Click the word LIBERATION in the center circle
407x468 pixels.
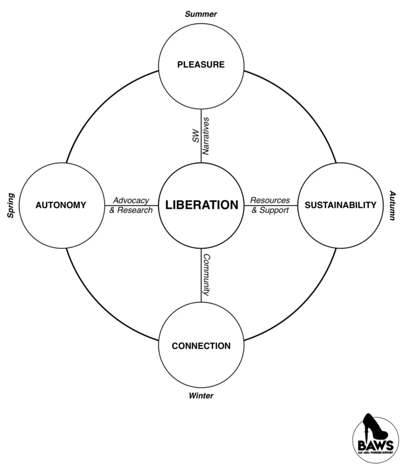click(x=202, y=205)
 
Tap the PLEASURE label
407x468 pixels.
click(x=201, y=65)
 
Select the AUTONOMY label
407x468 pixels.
click(x=61, y=205)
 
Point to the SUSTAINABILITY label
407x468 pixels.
click(x=341, y=205)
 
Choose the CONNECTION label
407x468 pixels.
click(x=201, y=346)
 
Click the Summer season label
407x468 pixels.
click(x=201, y=14)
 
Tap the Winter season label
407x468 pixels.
click(x=201, y=395)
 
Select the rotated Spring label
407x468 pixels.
click(x=11, y=205)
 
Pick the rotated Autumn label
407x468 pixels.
click(x=392, y=205)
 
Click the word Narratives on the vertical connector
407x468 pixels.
click(x=206, y=136)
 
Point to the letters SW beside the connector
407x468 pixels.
click(x=196, y=135)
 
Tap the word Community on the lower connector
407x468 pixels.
click(x=206, y=275)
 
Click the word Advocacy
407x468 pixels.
click(x=131, y=200)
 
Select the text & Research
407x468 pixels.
click(x=131, y=210)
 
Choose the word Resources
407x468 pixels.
click(x=270, y=200)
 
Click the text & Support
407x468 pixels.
click(x=270, y=210)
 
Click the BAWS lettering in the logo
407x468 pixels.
click(x=375, y=445)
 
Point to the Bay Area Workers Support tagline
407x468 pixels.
click(x=375, y=452)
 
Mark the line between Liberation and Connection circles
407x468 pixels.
click(x=201, y=276)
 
